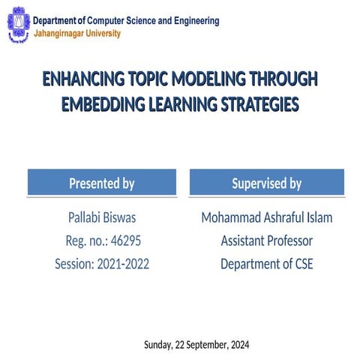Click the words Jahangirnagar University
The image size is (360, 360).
(x=76, y=34)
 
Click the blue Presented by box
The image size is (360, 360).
(x=102, y=183)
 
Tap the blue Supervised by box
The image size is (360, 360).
(x=266, y=183)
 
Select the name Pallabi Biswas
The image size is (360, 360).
(x=102, y=218)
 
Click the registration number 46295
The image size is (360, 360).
(x=124, y=241)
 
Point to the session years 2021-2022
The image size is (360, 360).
(x=123, y=264)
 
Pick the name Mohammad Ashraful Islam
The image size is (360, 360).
(x=266, y=218)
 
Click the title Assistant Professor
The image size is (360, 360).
(x=266, y=241)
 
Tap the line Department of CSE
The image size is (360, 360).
(x=266, y=264)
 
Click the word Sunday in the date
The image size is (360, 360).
(x=157, y=345)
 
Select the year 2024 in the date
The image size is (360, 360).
(x=238, y=345)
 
